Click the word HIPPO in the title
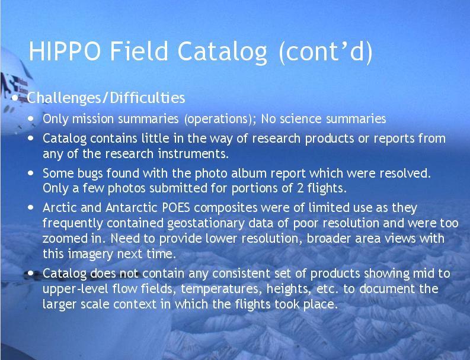[65, 51]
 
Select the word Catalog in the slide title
[222, 52]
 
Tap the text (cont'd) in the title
[326, 52]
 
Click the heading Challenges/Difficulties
[106, 98]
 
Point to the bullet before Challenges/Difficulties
[15, 98]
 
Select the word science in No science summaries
[300, 119]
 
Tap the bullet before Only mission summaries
[31, 118]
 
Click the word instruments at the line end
[194, 153]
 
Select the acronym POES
[176, 208]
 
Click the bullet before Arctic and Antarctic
[31, 207]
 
